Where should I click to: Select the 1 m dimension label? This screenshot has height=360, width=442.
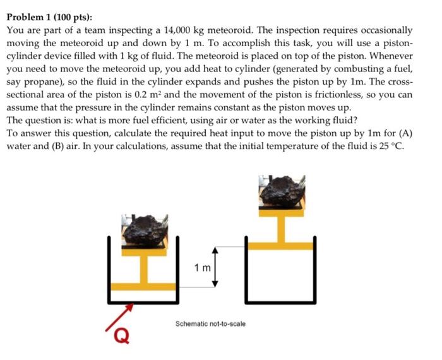[203, 268]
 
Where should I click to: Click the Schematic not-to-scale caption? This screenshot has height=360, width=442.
[210, 324]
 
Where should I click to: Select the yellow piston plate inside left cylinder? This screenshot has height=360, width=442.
[146, 287]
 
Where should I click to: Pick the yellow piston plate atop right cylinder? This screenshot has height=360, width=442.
[284, 245]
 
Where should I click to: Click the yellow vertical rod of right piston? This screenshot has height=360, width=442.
[284, 227]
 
